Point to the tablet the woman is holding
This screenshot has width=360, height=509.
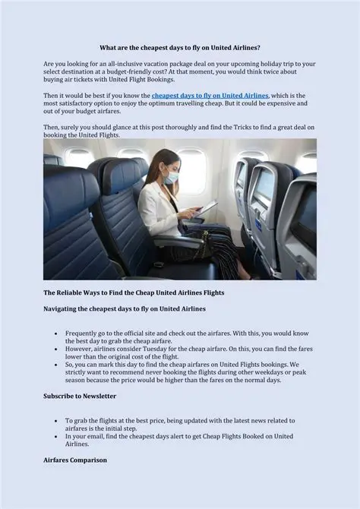(x=207, y=207)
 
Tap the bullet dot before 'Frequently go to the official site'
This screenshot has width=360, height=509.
(x=56, y=334)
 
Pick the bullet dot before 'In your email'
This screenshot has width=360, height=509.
(x=56, y=437)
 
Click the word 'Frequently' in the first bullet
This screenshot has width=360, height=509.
(x=83, y=334)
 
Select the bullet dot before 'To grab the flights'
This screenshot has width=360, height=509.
(x=56, y=420)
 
